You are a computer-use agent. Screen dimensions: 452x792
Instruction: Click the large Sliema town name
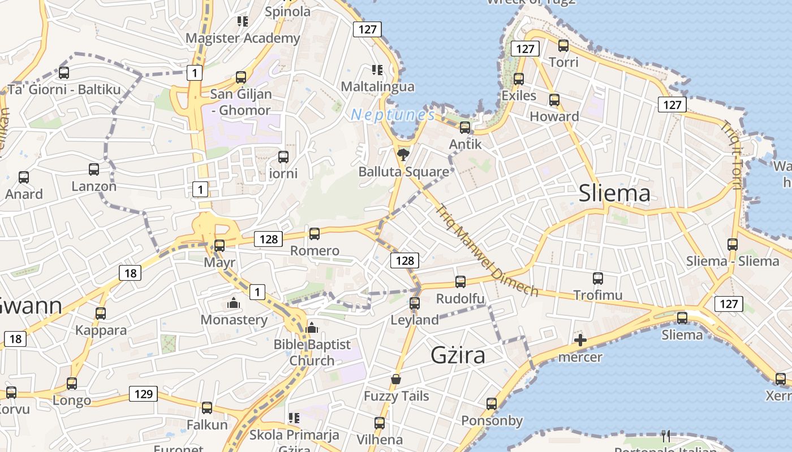click(614, 194)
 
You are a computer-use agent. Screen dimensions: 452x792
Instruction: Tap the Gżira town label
click(458, 355)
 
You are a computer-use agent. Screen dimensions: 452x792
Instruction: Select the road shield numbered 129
click(143, 394)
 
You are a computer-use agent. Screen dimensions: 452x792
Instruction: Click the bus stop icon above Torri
click(563, 46)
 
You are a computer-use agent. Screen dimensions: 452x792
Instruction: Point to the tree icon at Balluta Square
click(403, 155)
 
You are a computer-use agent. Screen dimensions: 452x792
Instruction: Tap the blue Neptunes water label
click(393, 115)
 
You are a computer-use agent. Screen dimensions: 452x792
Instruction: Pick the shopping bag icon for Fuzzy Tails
click(395, 379)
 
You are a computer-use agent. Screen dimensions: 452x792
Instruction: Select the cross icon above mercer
click(580, 340)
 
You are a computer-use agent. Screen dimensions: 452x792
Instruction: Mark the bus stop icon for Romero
click(315, 233)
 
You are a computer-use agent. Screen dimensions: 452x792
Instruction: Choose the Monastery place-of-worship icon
click(233, 303)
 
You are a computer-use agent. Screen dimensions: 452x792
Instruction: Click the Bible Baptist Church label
click(312, 352)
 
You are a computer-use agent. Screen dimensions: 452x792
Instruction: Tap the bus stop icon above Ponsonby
click(492, 403)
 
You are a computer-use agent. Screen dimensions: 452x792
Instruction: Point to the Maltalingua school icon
click(377, 70)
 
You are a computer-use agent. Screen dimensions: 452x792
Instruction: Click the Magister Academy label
click(243, 38)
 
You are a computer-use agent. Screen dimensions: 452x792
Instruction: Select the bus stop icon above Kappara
click(101, 313)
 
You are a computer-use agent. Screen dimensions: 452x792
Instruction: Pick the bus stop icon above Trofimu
click(598, 279)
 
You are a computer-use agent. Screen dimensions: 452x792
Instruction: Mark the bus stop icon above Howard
click(554, 100)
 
